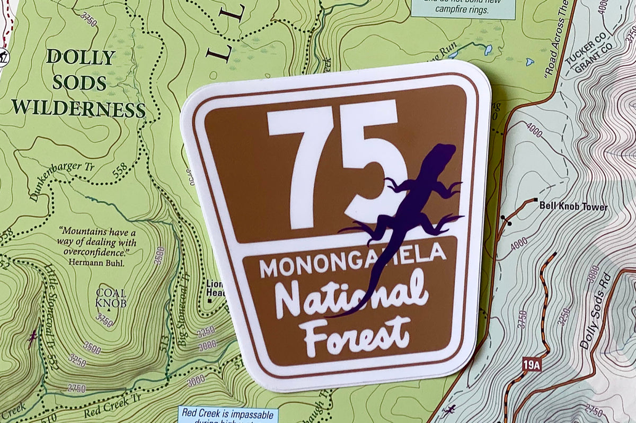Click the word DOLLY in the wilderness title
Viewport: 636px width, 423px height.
click(80, 57)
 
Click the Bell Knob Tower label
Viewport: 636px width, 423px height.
click(573, 207)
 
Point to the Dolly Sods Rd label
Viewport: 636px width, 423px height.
click(596, 312)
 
